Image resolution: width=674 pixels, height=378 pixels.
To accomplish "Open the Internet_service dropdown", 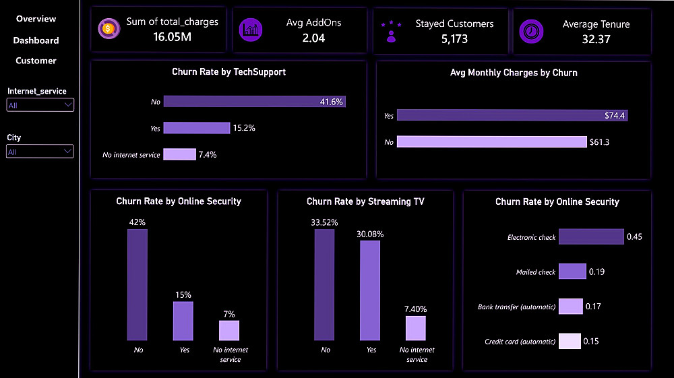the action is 40,105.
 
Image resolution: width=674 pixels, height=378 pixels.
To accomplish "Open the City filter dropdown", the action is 40,151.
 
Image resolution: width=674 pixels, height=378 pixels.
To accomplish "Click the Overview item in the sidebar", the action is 36,19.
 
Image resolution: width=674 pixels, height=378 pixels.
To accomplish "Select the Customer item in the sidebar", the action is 36,61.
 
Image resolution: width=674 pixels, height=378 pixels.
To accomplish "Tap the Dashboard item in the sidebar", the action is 36,40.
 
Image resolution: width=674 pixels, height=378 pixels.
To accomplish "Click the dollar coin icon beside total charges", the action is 109,29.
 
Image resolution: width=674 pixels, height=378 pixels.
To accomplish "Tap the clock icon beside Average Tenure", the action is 531,32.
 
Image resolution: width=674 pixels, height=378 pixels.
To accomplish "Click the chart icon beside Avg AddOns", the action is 251,30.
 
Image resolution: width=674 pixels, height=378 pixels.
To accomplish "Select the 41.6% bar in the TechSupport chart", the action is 255,101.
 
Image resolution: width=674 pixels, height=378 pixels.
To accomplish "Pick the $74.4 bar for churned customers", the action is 512,115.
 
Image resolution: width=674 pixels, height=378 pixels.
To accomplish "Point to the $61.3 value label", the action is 599,142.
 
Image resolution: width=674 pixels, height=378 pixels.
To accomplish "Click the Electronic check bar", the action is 591,237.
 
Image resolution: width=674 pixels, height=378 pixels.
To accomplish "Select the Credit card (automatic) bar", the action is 570,341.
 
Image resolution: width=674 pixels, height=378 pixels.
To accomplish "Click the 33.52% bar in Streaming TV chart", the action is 325,285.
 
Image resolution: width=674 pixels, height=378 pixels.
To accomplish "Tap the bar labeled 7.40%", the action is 416,328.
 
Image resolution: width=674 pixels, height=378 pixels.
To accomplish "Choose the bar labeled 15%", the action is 183,321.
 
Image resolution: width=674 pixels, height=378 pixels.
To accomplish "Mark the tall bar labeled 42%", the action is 137,285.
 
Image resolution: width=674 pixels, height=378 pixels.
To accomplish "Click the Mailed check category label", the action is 536,272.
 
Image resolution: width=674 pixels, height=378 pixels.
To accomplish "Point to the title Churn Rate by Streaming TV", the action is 365,201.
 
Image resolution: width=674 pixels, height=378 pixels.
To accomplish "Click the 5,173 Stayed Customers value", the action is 454,39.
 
